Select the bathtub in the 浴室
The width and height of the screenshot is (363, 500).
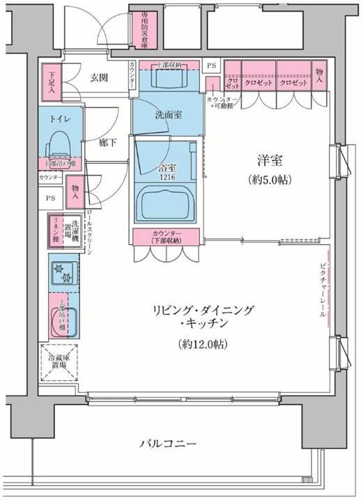pyautogui.click(x=167, y=203)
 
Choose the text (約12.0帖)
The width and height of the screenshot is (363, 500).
pyautogui.click(x=201, y=343)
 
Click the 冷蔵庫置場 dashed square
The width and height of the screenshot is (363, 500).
pyautogui.click(x=59, y=363)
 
